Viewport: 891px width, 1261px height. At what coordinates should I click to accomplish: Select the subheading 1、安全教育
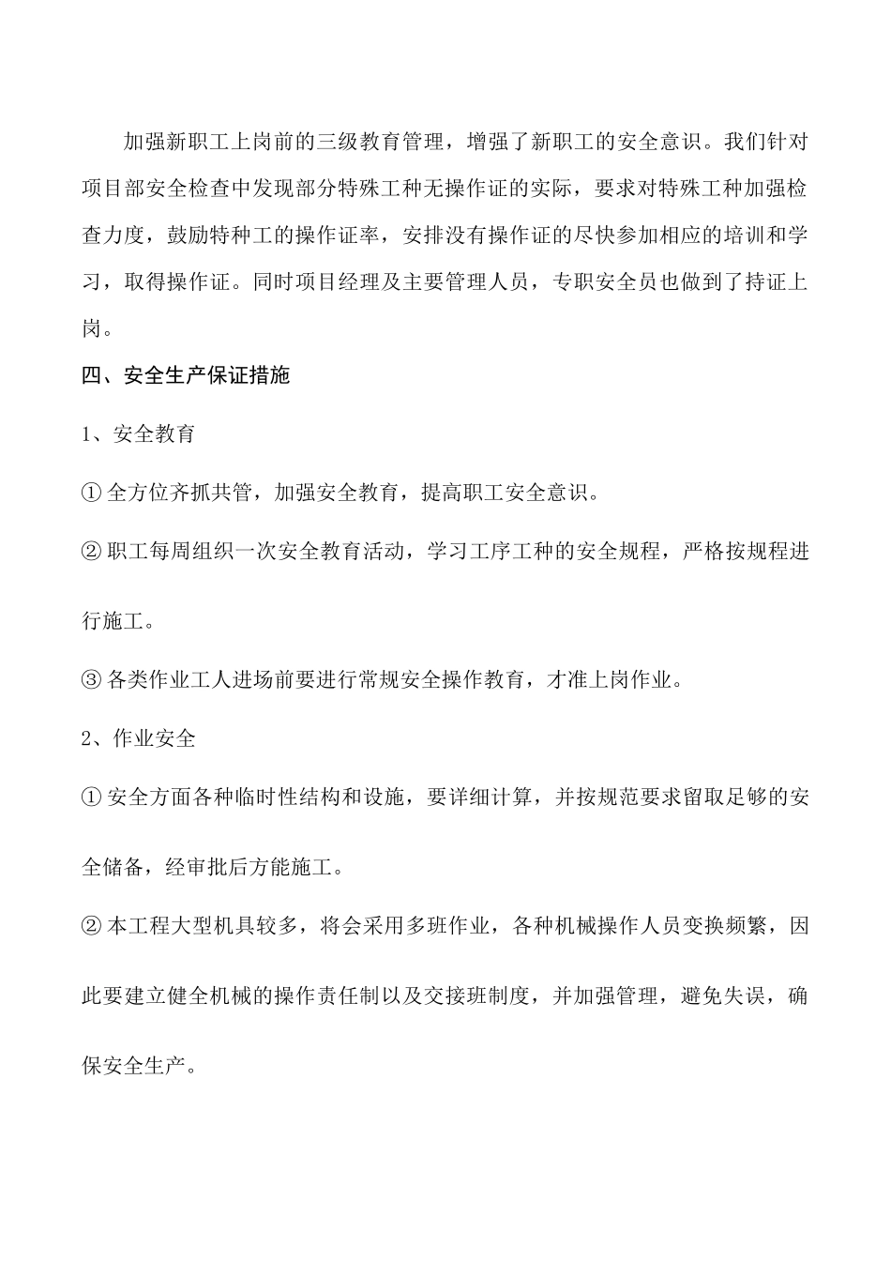[x=139, y=434]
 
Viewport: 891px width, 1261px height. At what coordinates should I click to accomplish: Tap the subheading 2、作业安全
[x=139, y=738]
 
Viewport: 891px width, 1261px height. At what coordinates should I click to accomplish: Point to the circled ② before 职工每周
[x=91, y=552]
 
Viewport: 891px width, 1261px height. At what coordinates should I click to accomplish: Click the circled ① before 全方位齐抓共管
[x=91, y=494]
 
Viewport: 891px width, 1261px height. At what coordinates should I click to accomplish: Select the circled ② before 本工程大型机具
[x=91, y=926]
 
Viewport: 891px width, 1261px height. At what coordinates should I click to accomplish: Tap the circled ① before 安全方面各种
[x=91, y=798]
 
